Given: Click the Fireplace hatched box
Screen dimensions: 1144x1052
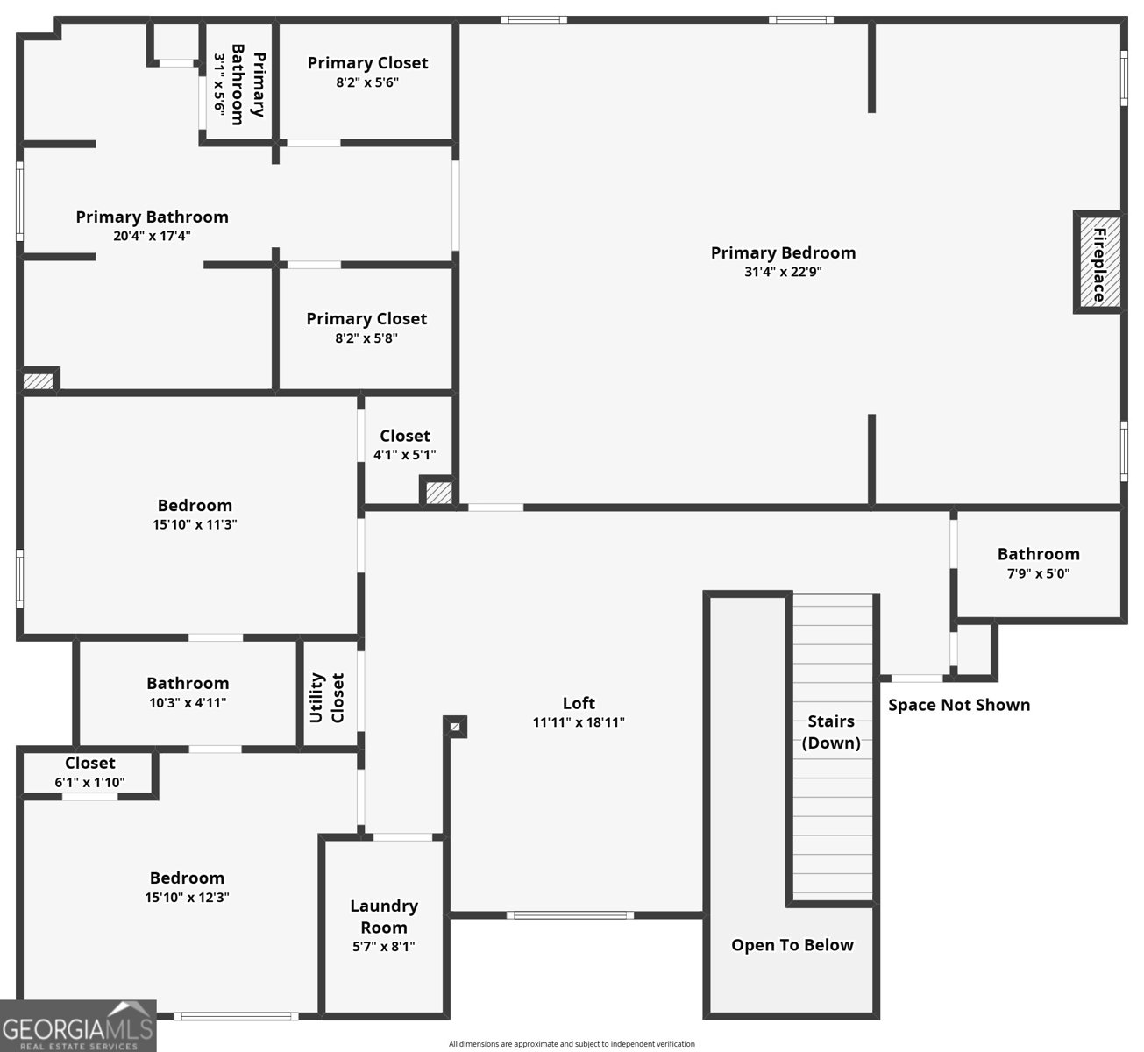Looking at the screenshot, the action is click(x=1099, y=262).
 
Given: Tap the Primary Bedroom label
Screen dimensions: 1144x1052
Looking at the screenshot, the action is click(x=783, y=252).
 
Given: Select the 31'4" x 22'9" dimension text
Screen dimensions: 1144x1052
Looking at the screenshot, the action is click(x=783, y=272).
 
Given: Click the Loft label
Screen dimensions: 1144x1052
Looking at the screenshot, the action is click(x=579, y=703).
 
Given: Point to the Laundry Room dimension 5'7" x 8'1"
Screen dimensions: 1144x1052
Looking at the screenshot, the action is click(x=384, y=947).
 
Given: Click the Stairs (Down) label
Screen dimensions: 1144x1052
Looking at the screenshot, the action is click(x=831, y=732).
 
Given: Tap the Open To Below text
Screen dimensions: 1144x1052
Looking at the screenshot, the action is click(x=792, y=945).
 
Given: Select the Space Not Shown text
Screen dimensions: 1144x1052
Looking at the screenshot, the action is click(x=959, y=705).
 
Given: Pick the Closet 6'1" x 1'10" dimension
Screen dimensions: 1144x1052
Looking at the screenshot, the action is click(x=89, y=782).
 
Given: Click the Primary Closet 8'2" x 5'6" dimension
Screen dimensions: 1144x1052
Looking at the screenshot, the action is click(x=367, y=82).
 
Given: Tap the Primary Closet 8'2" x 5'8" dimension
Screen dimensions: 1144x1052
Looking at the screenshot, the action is click(x=366, y=338).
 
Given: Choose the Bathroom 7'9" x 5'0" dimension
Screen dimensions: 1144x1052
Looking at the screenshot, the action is click(x=1039, y=573).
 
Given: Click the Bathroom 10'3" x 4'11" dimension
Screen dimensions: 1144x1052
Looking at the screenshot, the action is click(x=188, y=702).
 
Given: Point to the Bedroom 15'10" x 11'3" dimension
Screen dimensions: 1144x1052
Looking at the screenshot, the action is click(x=195, y=524).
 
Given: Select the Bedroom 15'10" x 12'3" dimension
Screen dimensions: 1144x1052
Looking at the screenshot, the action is click(x=187, y=897).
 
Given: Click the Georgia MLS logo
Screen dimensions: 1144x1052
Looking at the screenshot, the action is click(x=78, y=1026).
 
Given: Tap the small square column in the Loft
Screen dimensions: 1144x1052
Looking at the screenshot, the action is click(x=454, y=727).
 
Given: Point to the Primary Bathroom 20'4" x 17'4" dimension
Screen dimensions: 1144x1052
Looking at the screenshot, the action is click(x=152, y=236).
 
